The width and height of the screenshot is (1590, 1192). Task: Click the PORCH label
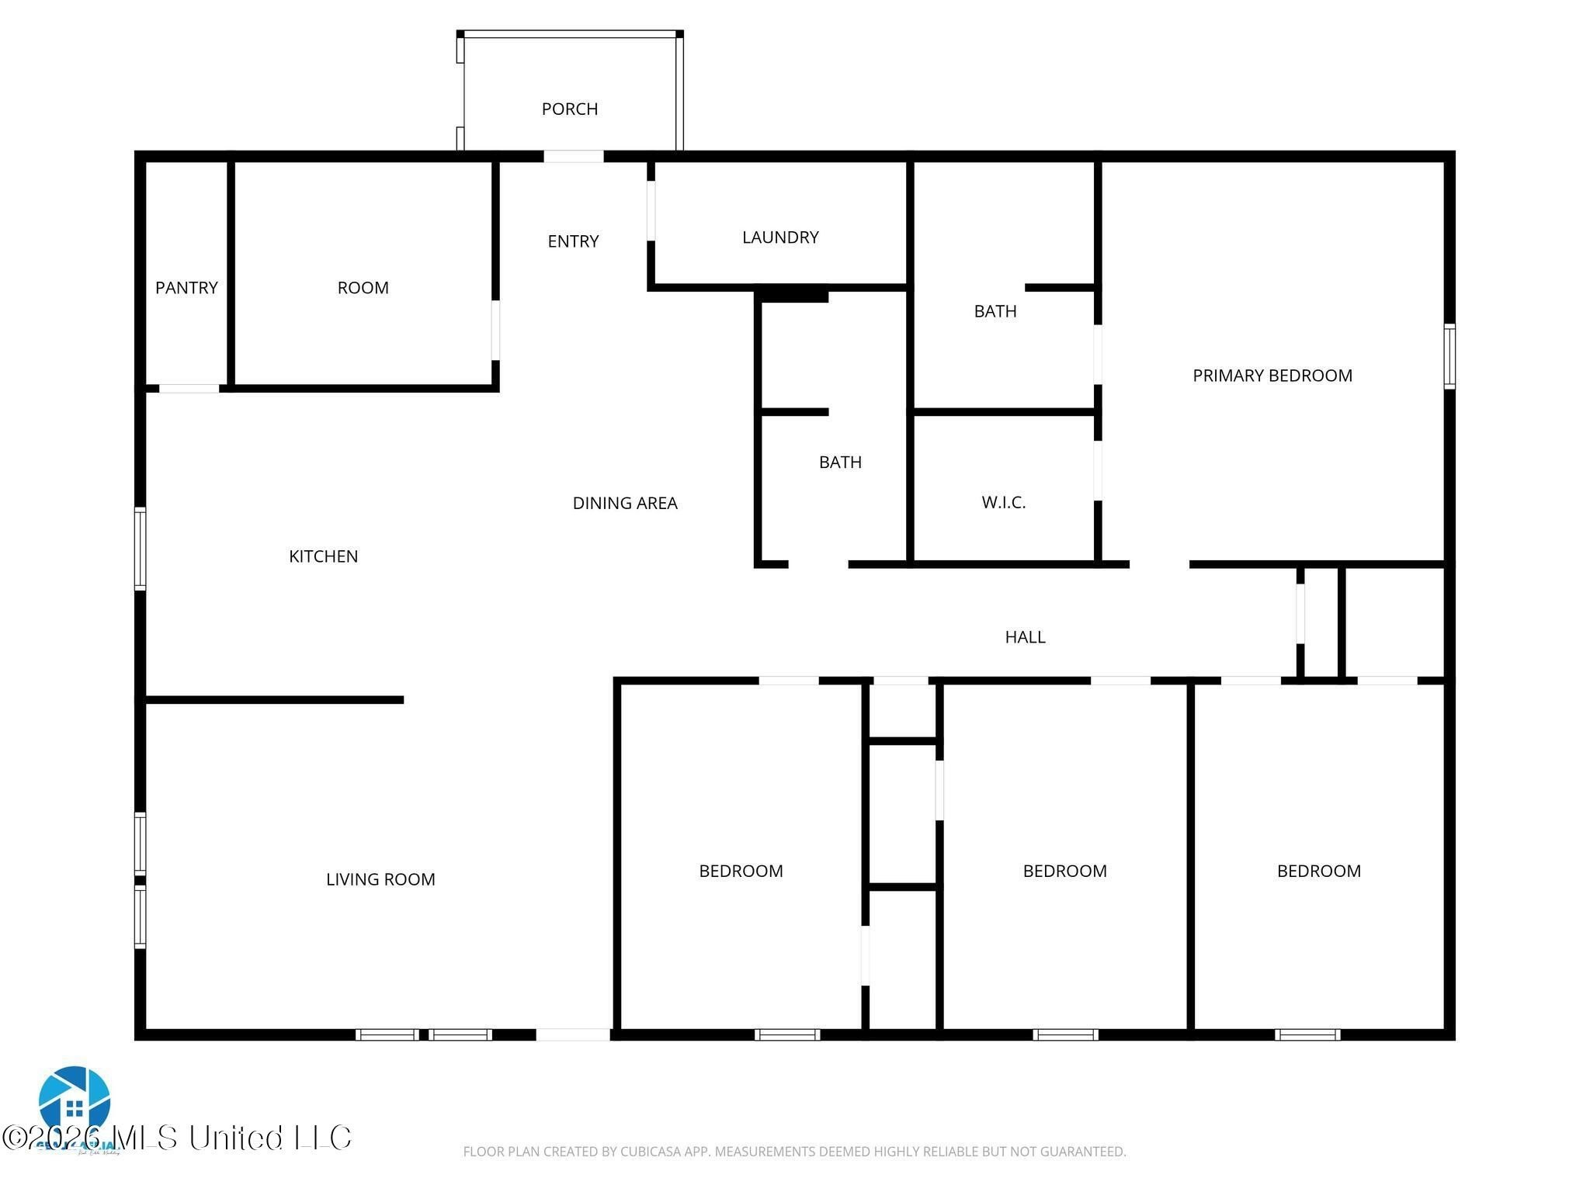tap(569, 109)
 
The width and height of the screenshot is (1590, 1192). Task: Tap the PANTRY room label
tap(186, 288)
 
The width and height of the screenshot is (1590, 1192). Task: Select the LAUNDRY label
tap(780, 237)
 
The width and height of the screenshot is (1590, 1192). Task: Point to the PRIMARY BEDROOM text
tap(1272, 376)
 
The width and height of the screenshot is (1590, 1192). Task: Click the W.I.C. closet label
tap(1003, 503)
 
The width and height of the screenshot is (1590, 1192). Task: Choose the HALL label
tap(1025, 637)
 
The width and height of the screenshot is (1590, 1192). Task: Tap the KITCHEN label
tap(323, 556)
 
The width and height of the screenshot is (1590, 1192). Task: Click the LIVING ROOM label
tap(380, 879)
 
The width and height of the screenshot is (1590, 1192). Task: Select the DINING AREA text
tap(625, 504)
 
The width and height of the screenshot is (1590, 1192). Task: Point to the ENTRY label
tap(573, 241)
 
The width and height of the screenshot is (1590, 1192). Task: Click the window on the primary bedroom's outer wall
tap(1449, 356)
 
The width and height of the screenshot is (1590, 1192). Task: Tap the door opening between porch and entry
tap(573, 157)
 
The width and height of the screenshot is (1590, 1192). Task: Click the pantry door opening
tap(189, 388)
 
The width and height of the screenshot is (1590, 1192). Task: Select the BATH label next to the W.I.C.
tap(995, 311)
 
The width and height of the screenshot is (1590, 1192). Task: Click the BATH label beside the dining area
tap(840, 463)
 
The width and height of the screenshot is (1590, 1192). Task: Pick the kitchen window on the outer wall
tap(141, 548)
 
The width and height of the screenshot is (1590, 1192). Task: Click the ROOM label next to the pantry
tap(363, 288)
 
